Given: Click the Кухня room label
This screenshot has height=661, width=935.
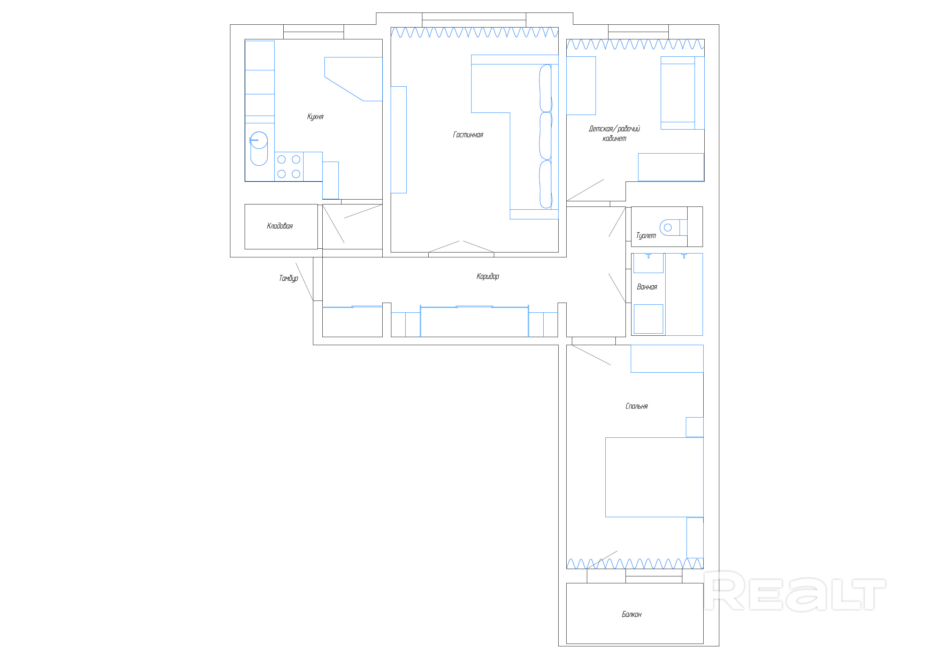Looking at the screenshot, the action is pos(315,117).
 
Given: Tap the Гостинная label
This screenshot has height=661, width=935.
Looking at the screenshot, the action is pos(468,135).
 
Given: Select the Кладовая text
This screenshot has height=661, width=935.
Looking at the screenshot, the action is pos(280,226).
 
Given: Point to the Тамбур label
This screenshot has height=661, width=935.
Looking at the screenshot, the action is pos(288,278).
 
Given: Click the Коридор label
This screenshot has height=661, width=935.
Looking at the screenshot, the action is pos(488,277).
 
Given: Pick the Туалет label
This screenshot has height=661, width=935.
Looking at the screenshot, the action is pos(646,236).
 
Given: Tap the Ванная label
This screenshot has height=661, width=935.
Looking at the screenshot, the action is pos(647,287).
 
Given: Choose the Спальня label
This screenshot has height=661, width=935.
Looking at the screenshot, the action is pos(636,406).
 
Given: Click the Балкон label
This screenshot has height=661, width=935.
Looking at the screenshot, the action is pos(631,614).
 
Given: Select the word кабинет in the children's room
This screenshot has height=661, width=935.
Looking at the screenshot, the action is pos(614,139).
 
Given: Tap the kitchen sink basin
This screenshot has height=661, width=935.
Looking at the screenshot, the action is pos(259,149).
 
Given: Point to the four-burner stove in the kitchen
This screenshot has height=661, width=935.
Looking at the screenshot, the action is pos(289,166).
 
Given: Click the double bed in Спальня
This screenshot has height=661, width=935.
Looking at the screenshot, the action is pos(654,477).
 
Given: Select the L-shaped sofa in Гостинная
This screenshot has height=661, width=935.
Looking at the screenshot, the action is pos(515,137).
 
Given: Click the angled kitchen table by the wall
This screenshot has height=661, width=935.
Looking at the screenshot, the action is pos(353,79).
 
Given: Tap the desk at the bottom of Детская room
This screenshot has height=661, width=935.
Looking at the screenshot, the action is pos(671,167).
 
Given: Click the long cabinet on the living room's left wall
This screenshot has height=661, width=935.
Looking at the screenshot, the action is pos(399,140).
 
